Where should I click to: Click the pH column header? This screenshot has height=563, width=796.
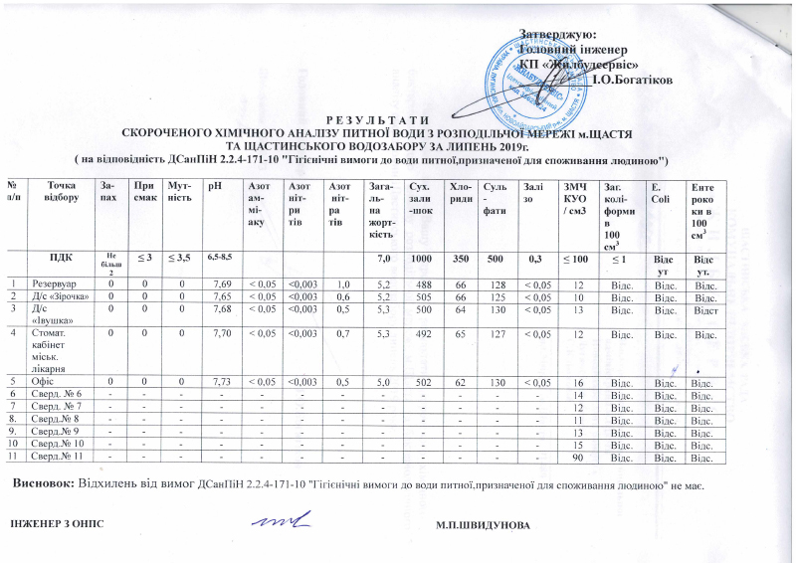[x=213, y=185]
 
